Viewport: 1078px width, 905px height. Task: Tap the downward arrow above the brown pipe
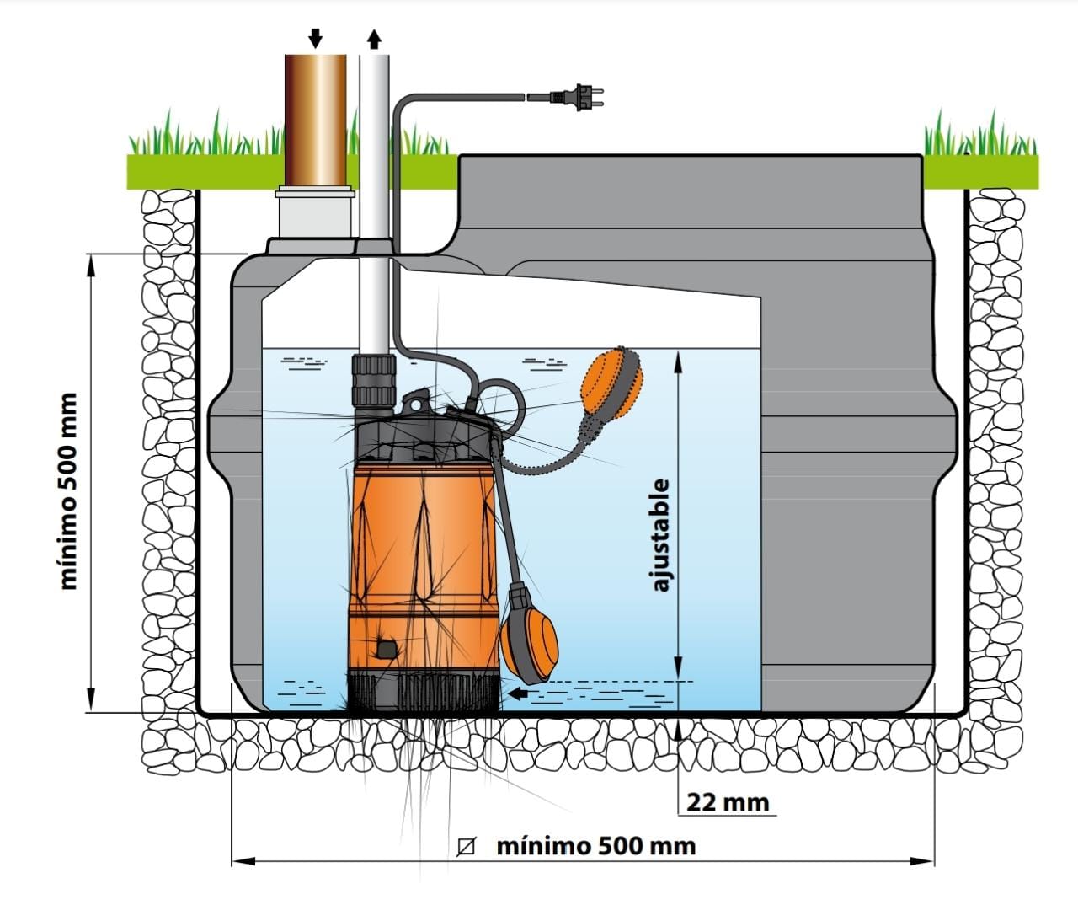click(x=315, y=37)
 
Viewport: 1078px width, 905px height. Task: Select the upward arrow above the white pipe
click(x=375, y=39)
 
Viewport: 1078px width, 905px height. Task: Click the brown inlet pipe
click(x=315, y=118)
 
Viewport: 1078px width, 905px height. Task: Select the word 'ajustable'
click(x=661, y=535)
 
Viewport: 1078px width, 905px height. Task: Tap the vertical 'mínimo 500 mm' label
click(x=69, y=490)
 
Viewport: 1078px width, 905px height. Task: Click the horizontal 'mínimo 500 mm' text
click(x=596, y=845)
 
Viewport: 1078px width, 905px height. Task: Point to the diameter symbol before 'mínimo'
click(x=465, y=846)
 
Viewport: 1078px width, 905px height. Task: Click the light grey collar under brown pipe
click(x=314, y=212)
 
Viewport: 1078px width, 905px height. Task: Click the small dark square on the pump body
click(x=387, y=649)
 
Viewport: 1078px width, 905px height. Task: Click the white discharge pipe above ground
click(x=375, y=118)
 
